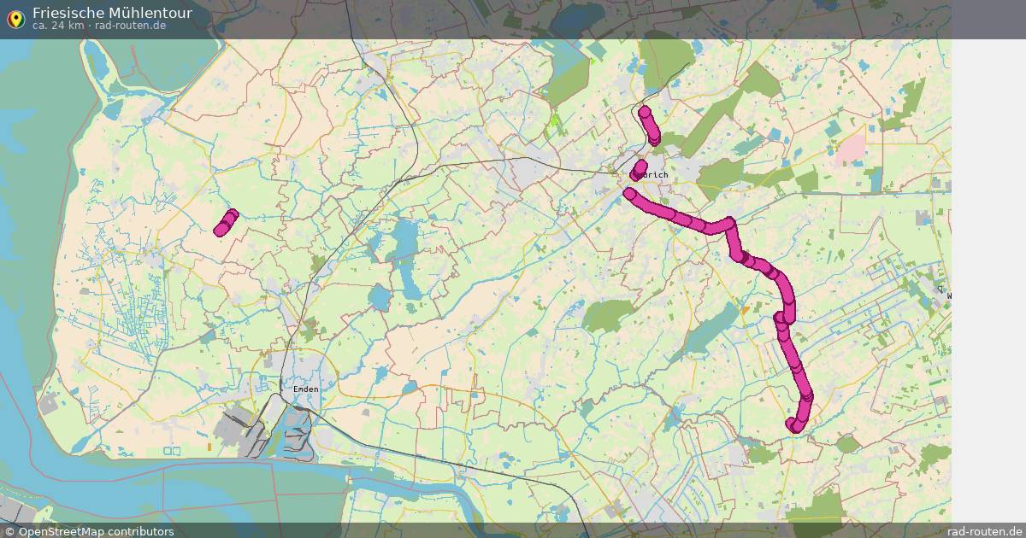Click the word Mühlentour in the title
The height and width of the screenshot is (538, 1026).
click(x=150, y=13)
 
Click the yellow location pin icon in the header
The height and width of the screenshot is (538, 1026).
click(x=15, y=18)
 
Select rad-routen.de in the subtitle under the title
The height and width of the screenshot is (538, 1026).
click(x=131, y=26)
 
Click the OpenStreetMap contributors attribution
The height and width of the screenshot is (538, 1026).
click(x=96, y=531)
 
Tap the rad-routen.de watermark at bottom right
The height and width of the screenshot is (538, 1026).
click(x=985, y=531)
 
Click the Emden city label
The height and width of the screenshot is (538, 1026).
click(x=305, y=389)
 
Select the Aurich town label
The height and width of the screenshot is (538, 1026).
click(x=656, y=175)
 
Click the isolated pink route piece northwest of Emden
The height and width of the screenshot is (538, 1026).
click(x=226, y=222)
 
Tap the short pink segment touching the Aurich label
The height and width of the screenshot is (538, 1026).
click(x=639, y=170)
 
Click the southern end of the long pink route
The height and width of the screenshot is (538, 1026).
click(x=793, y=424)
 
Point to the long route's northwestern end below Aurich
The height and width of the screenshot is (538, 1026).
click(x=630, y=194)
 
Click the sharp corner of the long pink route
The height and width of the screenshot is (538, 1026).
click(x=729, y=223)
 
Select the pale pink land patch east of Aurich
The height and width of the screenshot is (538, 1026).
click(x=851, y=149)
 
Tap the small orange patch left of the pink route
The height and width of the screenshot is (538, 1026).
click(x=746, y=310)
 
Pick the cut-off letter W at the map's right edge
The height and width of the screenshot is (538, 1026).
click(x=947, y=296)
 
